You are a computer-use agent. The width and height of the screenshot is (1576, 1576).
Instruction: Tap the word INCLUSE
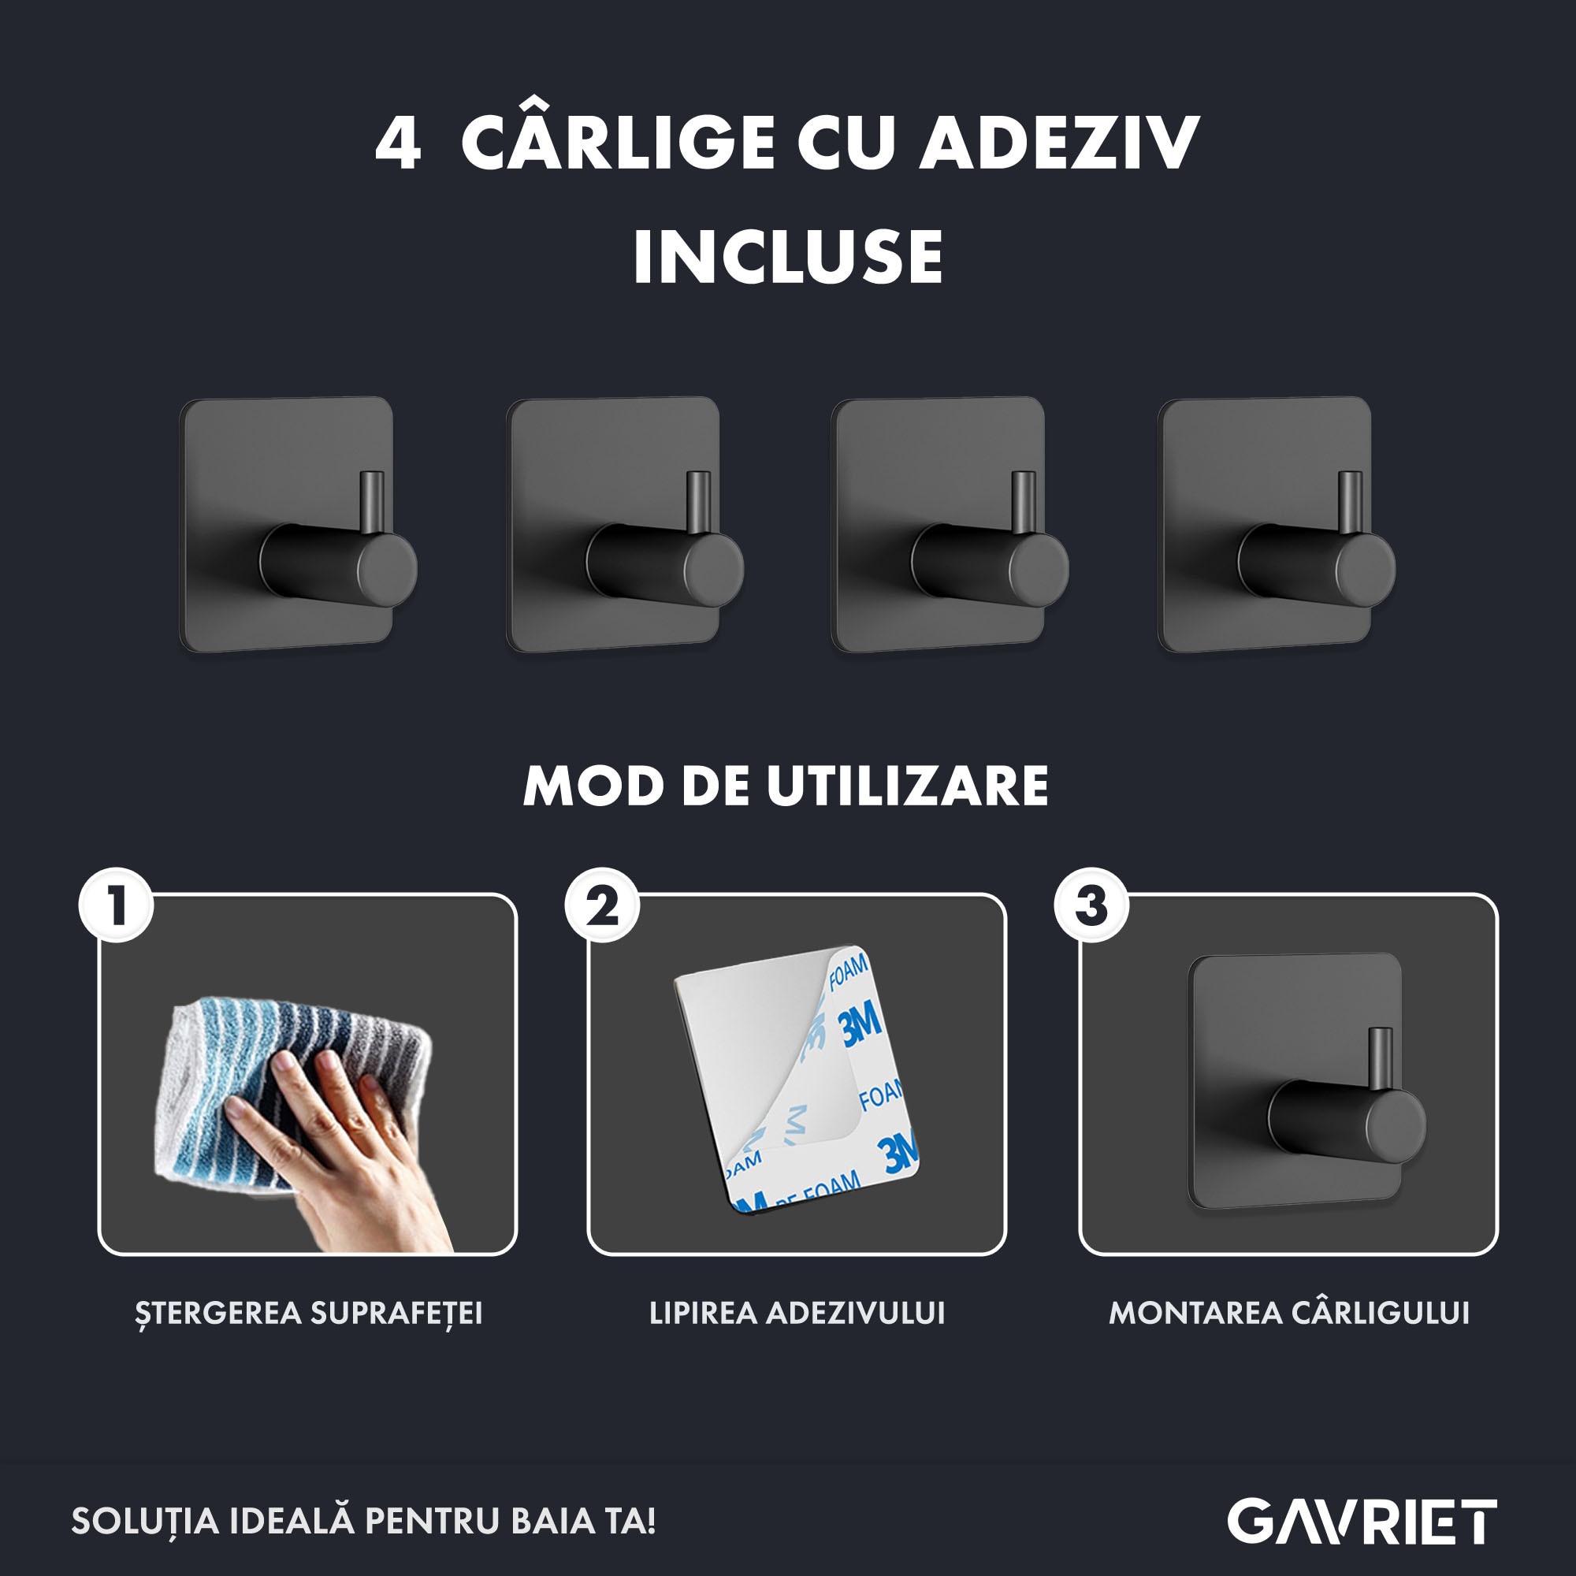coord(788,256)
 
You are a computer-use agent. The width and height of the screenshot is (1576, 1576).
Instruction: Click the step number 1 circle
coord(116,905)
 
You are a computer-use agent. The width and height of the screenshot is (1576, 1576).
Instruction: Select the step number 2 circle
coord(603,905)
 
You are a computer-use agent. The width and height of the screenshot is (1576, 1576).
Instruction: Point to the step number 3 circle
coord(1092,905)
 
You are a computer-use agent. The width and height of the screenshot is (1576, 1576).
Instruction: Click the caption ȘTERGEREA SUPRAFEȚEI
coord(308,1314)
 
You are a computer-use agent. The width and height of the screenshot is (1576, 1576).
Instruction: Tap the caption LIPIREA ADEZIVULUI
coord(797,1313)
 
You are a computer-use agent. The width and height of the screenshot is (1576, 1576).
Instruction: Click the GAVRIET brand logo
coord(1362,1522)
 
